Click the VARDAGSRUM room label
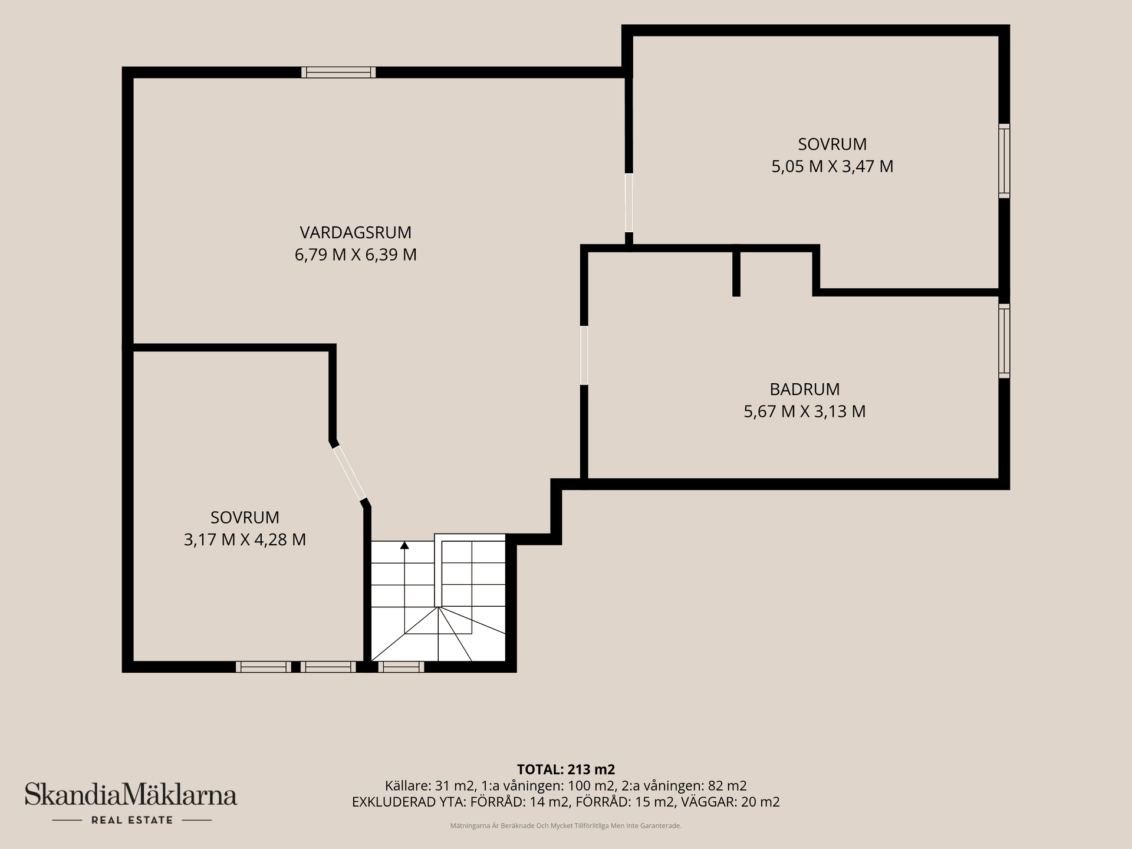[356, 232]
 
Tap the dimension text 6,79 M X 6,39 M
[356, 255]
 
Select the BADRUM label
[805, 389]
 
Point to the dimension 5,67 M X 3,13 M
[805, 412]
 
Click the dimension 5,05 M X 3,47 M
[832, 166]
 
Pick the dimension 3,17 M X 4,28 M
[245, 539]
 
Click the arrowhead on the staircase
[404, 545]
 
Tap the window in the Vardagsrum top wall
[338, 73]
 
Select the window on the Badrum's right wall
[1004, 341]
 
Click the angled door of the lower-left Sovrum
[350, 473]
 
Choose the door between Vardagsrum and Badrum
[584, 356]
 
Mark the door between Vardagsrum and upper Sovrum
[629, 203]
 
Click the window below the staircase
[401, 667]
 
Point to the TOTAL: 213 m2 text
[566, 769]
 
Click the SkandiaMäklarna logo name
[131, 794]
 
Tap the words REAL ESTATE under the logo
[132, 820]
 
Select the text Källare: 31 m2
[430, 786]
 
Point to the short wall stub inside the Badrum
[736, 272]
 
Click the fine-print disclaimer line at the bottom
[566, 826]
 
